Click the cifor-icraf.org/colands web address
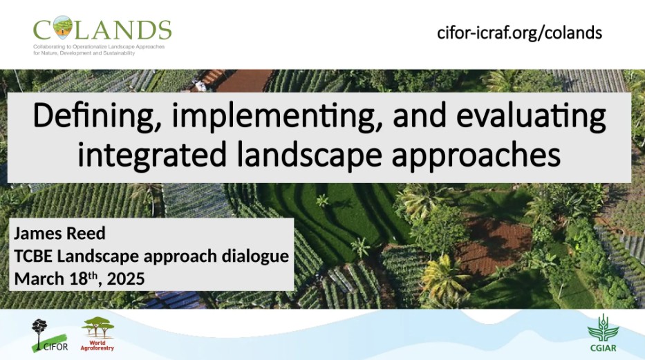coord(520,33)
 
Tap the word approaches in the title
coord(476,155)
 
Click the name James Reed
coord(59,234)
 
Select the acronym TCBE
coord(33,256)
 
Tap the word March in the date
coord(39,279)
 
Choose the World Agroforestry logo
coord(97,334)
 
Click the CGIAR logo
coord(604,334)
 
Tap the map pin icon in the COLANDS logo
coord(63,27)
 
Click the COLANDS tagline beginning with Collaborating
coord(99,50)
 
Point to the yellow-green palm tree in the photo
coord(442,276)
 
